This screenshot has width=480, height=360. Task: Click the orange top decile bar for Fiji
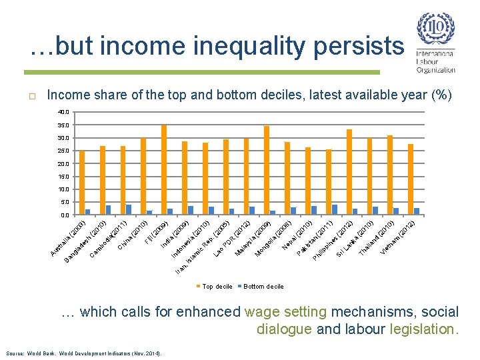coord(164,170)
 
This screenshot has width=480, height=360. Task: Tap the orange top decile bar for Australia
coord(82,183)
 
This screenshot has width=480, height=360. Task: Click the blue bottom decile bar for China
coord(149,213)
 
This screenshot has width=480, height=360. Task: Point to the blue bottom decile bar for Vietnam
coord(417,211)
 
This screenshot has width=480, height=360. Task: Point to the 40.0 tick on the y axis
coord(62,112)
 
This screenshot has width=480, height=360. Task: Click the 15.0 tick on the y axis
coord(62,177)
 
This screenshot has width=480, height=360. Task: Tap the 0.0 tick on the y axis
coord(63,215)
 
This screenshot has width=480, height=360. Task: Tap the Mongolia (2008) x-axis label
coord(273,241)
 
